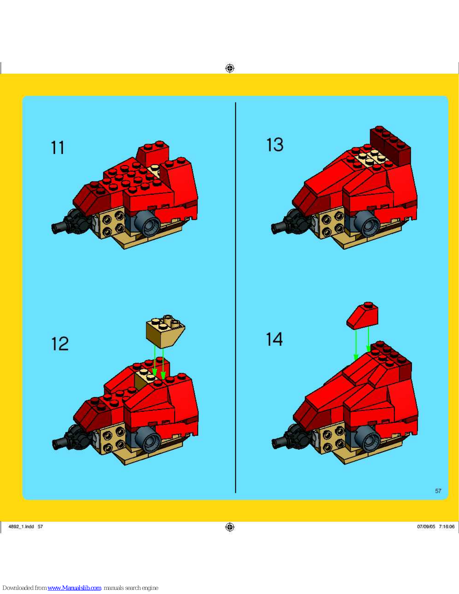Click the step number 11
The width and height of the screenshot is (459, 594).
click(58, 148)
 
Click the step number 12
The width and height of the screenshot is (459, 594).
click(60, 344)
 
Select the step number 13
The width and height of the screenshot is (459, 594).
click(275, 145)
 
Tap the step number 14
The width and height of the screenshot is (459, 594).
click(274, 339)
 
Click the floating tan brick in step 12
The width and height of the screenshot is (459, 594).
click(165, 331)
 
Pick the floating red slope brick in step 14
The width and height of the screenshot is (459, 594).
click(363, 316)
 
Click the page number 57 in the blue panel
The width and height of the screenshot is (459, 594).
click(438, 491)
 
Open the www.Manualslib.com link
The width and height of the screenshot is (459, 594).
click(75, 588)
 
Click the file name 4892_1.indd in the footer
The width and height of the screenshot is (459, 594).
click(21, 526)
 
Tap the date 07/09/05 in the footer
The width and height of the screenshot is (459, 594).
click(426, 526)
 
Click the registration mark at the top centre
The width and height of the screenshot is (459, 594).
click(230, 68)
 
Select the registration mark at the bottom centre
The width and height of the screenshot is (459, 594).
click(230, 527)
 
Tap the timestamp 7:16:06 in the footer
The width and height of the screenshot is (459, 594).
click(447, 526)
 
